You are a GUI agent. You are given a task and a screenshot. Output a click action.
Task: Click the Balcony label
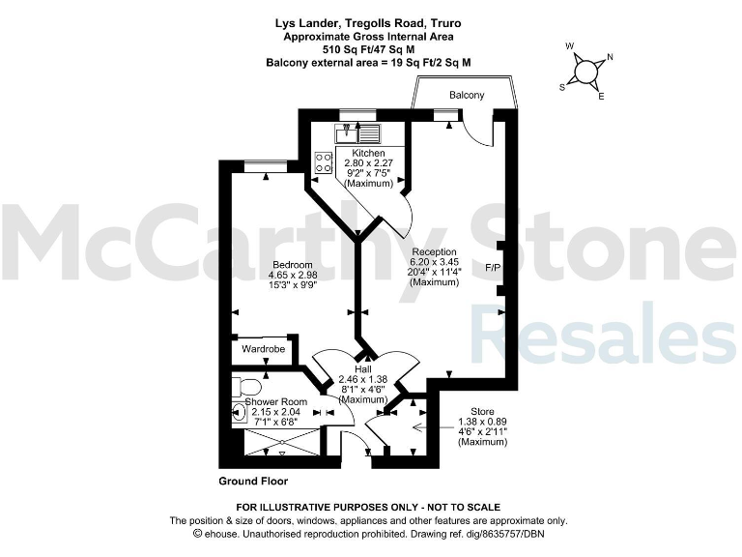tap(467, 95)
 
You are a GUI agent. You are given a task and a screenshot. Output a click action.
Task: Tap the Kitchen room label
tap(368, 154)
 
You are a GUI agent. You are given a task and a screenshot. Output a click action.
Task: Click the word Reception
tap(434, 251)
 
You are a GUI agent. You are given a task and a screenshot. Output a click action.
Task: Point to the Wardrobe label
tap(262, 348)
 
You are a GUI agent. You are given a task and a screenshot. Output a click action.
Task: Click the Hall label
tap(363, 369)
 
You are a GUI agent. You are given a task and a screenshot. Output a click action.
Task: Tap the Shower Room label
tap(275, 401)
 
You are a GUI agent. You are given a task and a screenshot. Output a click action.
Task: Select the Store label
tap(482, 412)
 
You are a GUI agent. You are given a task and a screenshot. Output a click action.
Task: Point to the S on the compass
tap(563, 85)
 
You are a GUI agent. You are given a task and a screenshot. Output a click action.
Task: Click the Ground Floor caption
tap(253, 481)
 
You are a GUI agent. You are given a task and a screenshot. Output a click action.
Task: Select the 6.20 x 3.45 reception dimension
tap(434, 262)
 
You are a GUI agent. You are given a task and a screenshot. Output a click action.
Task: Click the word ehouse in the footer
tap(221, 533)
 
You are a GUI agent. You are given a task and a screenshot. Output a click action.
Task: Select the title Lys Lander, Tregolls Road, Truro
tap(370, 23)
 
